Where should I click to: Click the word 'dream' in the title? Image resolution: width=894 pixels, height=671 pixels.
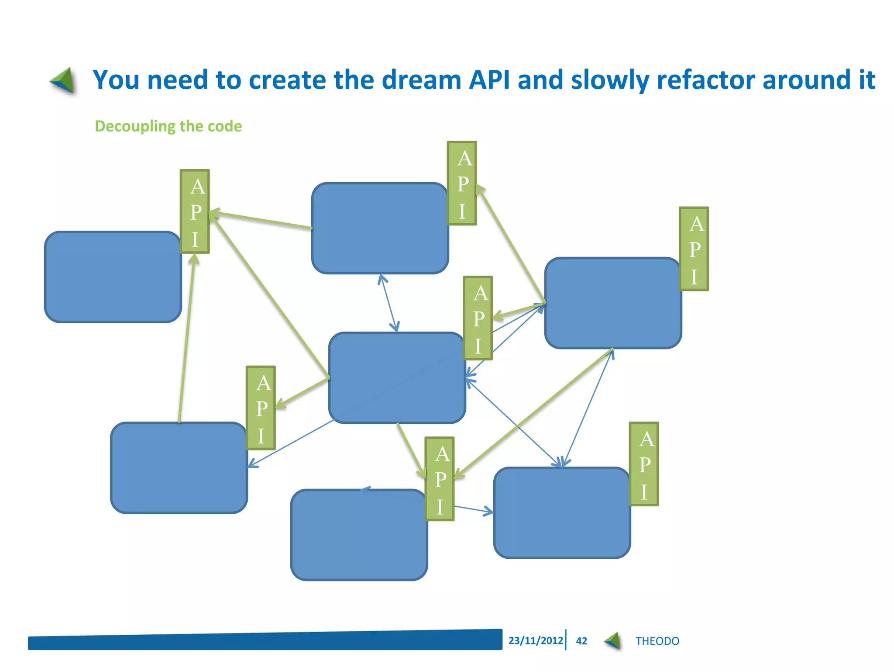point(422,80)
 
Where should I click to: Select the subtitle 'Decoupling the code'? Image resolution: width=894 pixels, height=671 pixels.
point(168,126)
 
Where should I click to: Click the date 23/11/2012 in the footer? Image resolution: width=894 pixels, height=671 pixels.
point(535,640)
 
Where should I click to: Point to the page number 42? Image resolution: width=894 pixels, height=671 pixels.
point(581,641)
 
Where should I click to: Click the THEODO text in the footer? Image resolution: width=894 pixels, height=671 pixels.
point(657,641)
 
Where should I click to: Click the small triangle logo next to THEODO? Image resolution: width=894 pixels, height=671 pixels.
point(613,641)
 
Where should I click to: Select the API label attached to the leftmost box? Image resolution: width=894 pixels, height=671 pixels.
point(195,211)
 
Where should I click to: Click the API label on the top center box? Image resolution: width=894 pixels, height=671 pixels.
point(462,183)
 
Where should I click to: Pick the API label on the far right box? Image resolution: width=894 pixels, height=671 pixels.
point(694,249)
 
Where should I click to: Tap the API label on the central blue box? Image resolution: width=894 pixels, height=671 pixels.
point(478,318)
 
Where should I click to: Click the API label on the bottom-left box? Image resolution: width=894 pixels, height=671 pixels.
point(261,408)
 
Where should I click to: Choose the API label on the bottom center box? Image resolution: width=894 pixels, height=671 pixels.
point(440,479)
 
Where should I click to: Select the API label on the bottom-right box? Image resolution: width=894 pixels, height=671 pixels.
point(644,464)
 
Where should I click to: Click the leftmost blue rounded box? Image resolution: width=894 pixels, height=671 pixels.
point(113,277)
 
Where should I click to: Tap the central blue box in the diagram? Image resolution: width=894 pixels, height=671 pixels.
point(396,378)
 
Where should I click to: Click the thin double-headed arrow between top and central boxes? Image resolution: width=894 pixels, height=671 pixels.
point(389,303)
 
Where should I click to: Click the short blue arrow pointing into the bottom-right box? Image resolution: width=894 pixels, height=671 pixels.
point(474,509)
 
